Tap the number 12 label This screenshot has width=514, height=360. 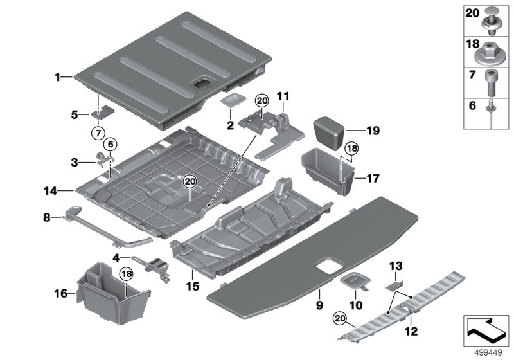tap(411, 331)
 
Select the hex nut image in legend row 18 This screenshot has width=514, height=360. tap(492, 48)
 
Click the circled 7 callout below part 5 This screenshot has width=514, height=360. tap(98, 132)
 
